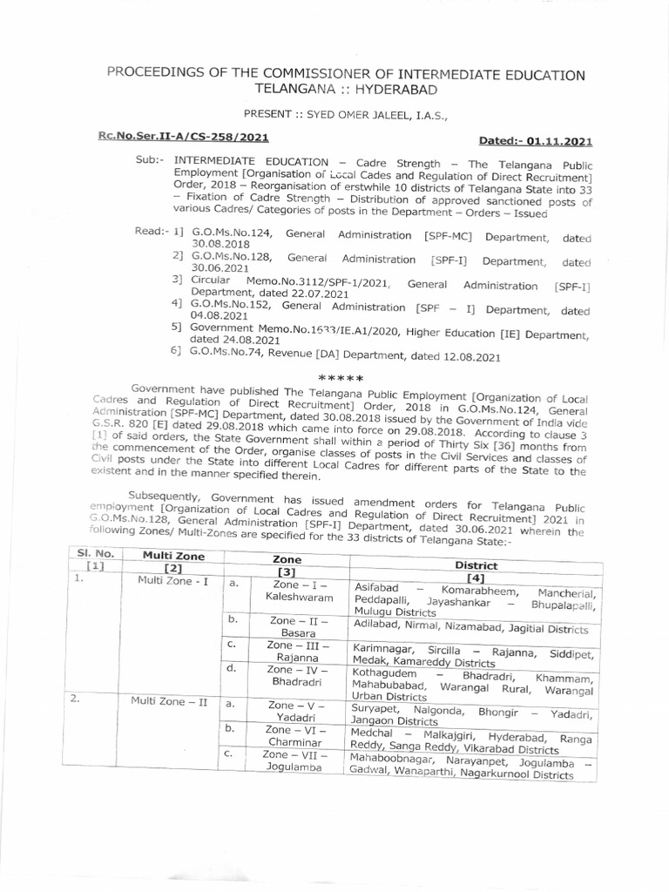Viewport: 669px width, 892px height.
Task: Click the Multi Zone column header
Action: pyautogui.click(x=165, y=555)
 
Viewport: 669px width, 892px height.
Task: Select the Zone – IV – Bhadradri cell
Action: pyautogui.click(x=287, y=677)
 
